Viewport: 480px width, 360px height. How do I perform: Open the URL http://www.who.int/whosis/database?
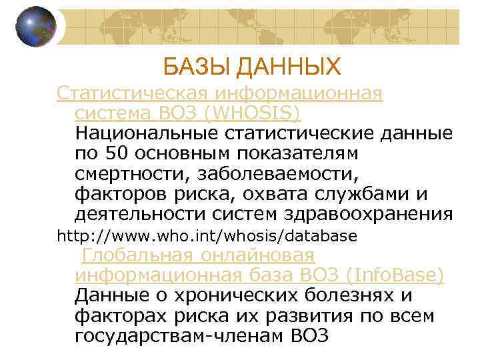coord(207,236)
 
